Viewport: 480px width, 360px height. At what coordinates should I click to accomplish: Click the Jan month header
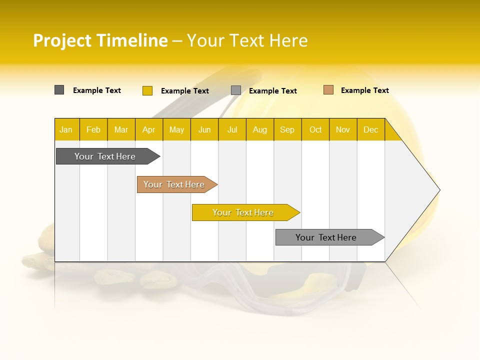pyautogui.click(x=66, y=129)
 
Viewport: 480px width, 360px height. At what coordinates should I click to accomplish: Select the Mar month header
pyautogui.click(x=121, y=129)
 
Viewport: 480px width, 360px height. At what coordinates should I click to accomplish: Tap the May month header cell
pyautogui.click(x=176, y=129)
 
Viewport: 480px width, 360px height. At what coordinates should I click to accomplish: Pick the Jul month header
pyautogui.click(x=232, y=129)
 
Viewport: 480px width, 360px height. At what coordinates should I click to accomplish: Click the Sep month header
pyautogui.click(x=287, y=129)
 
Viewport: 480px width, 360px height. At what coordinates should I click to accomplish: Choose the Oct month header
pyautogui.click(x=315, y=129)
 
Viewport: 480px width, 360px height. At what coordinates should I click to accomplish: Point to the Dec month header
pyautogui.click(x=370, y=129)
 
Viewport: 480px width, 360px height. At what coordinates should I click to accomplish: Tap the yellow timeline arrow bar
pyautogui.click(x=243, y=212)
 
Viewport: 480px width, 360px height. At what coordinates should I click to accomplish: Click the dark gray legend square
pyautogui.click(x=59, y=90)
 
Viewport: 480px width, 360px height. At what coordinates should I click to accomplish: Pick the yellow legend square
pyautogui.click(x=147, y=90)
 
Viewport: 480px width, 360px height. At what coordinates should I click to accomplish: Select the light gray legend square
pyautogui.click(x=235, y=90)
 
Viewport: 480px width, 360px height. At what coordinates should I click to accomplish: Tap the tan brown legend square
pyautogui.click(x=328, y=90)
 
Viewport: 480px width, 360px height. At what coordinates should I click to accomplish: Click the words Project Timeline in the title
pyautogui.click(x=100, y=40)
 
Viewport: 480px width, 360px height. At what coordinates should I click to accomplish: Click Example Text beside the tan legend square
pyautogui.click(x=364, y=90)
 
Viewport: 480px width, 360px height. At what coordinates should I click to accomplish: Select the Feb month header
pyautogui.click(x=93, y=129)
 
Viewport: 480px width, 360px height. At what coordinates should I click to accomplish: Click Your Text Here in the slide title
pyautogui.click(x=247, y=40)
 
